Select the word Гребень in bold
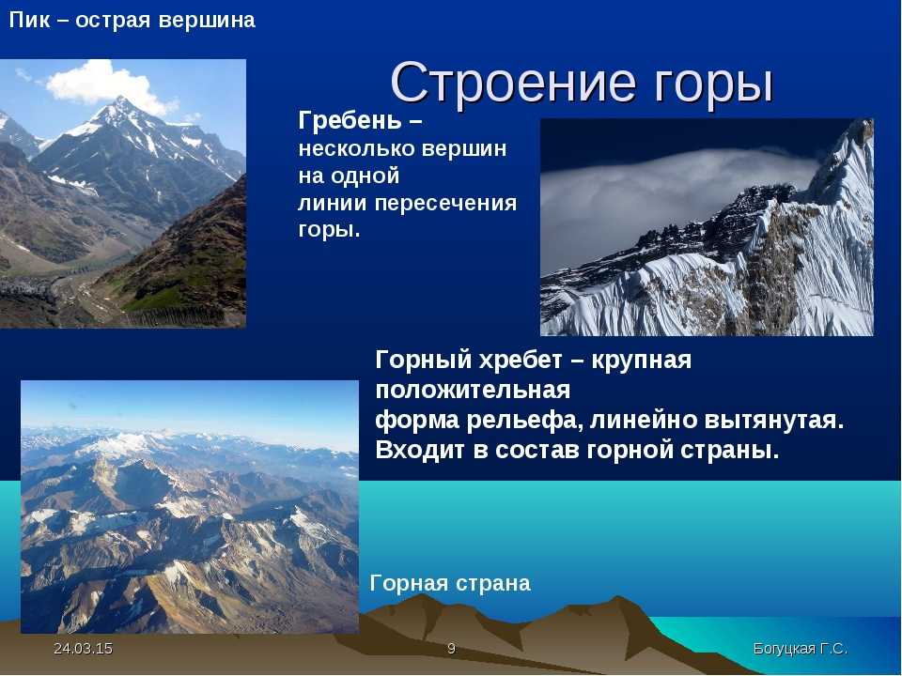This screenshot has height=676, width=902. [x=350, y=120]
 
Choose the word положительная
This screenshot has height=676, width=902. [x=473, y=391]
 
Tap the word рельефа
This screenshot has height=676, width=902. [x=521, y=421]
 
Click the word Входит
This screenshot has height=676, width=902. [x=421, y=450]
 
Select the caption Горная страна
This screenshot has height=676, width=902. [x=450, y=583]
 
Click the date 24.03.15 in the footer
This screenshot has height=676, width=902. [x=83, y=649]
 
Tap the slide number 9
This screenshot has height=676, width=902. [x=452, y=649]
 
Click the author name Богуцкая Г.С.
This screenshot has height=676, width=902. [x=801, y=649]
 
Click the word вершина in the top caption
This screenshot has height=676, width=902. [x=207, y=21]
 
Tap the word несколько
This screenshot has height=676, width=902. [x=357, y=149]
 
